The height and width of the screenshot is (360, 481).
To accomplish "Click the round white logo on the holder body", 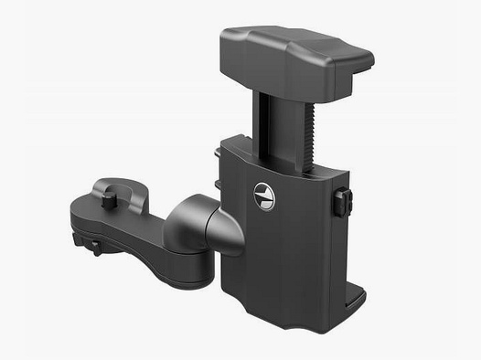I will click(263, 195).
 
